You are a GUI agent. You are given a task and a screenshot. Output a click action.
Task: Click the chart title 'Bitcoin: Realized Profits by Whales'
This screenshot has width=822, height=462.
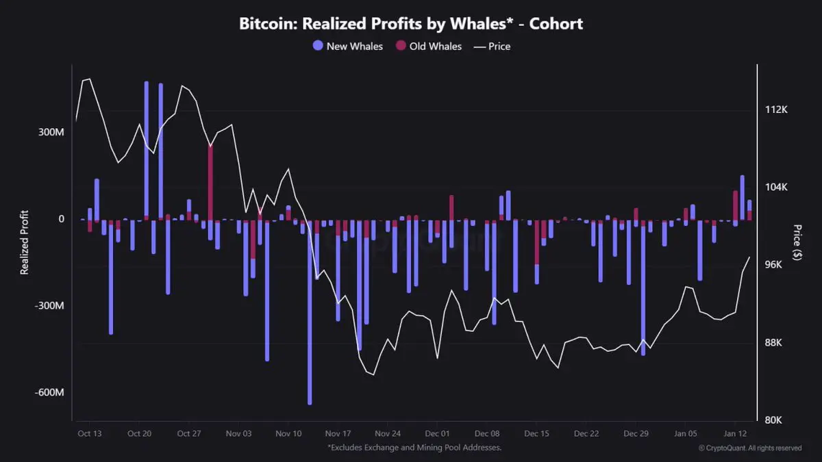click(411, 23)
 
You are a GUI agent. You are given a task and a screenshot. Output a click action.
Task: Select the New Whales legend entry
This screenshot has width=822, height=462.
click(347, 47)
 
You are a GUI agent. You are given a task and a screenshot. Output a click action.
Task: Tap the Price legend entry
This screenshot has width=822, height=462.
click(492, 47)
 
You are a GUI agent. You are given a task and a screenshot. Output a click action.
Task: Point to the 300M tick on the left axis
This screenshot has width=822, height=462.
click(51, 131)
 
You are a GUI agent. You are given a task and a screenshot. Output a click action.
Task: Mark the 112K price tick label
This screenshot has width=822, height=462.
click(776, 110)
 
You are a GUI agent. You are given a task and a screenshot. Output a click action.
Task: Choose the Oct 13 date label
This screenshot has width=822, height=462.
click(90, 433)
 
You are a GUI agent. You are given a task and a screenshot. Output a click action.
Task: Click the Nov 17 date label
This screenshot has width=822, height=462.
click(338, 433)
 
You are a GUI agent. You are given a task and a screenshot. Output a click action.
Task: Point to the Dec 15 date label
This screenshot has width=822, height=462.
click(536, 433)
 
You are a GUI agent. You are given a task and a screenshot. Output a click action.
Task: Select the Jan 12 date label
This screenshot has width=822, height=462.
click(735, 433)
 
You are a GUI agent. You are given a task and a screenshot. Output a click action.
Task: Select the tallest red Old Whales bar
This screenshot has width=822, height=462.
click(210, 181)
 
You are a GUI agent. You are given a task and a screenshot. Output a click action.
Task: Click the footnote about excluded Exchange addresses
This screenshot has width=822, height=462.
click(414, 448)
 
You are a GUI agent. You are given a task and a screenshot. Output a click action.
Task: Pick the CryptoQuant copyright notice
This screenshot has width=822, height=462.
click(750, 448)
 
